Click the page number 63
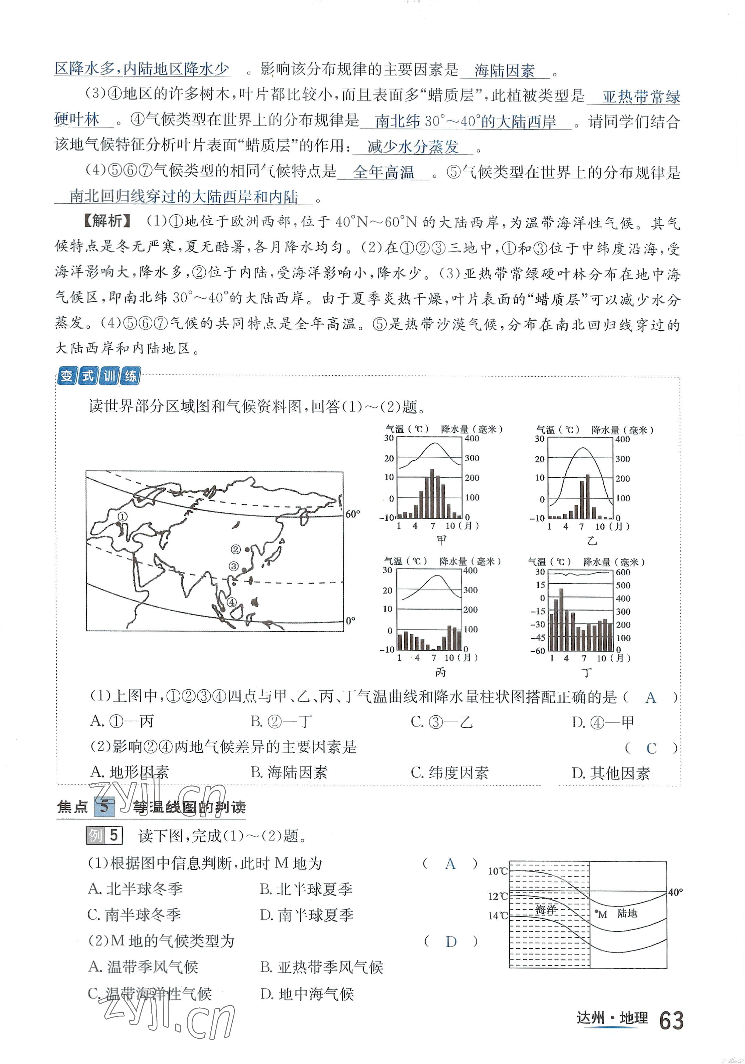click(670, 1021)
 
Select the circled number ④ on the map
click(231, 602)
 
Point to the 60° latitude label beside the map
click(352, 514)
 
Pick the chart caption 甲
click(441, 540)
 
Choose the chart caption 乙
click(592, 541)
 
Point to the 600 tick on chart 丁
click(623, 572)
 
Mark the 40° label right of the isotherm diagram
click(675, 892)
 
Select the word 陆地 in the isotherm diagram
click(627, 913)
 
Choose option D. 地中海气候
click(307, 994)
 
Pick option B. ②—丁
click(281, 722)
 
